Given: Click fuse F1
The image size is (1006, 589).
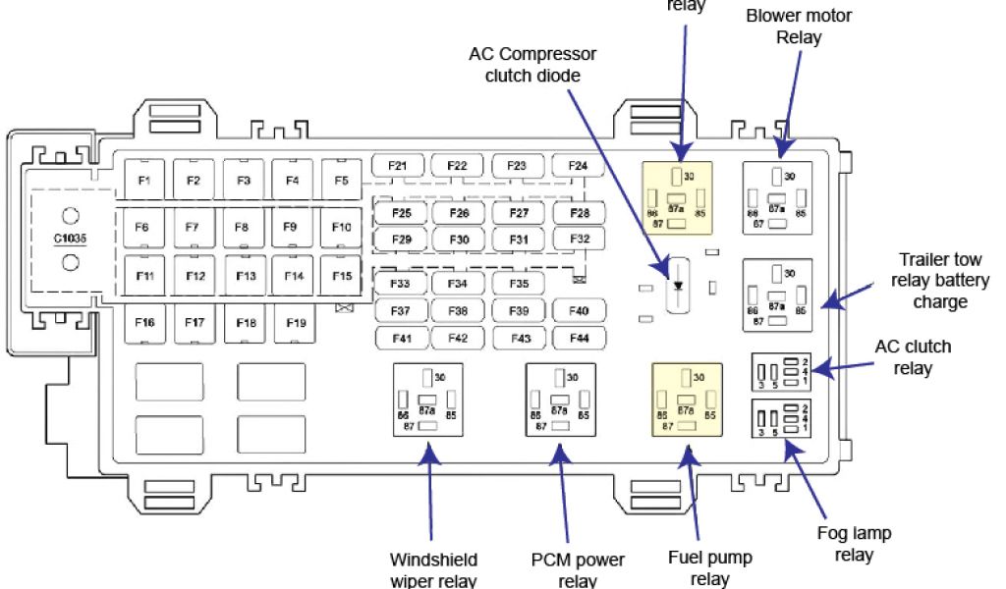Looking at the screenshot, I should click(x=144, y=180).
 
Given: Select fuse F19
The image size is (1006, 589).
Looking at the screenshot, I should click(x=294, y=322).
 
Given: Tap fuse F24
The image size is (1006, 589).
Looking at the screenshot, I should click(x=578, y=166).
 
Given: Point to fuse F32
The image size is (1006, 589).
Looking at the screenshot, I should click(x=579, y=239).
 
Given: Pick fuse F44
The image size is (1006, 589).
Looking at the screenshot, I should click(x=579, y=338).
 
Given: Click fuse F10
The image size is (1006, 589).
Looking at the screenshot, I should click(x=341, y=228).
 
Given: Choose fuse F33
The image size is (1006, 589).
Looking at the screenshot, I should click(x=399, y=284).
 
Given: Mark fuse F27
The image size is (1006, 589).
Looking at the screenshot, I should click(x=519, y=213).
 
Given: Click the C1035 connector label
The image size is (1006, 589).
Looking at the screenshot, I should click(x=70, y=238).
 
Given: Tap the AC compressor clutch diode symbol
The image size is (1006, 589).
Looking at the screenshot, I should click(x=678, y=285).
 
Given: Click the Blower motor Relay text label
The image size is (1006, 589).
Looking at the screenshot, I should click(x=799, y=27).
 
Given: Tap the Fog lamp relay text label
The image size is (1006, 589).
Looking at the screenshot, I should click(x=854, y=544).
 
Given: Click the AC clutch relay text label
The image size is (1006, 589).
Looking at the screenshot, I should click(x=913, y=357).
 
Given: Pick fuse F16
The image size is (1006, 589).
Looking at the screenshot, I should click(x=144, y=322).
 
